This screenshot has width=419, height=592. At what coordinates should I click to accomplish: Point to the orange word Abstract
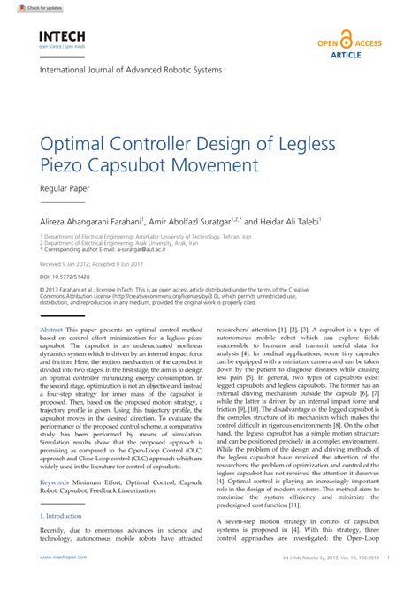pos(51,329)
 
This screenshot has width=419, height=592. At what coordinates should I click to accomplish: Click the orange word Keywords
pos(55,482)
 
